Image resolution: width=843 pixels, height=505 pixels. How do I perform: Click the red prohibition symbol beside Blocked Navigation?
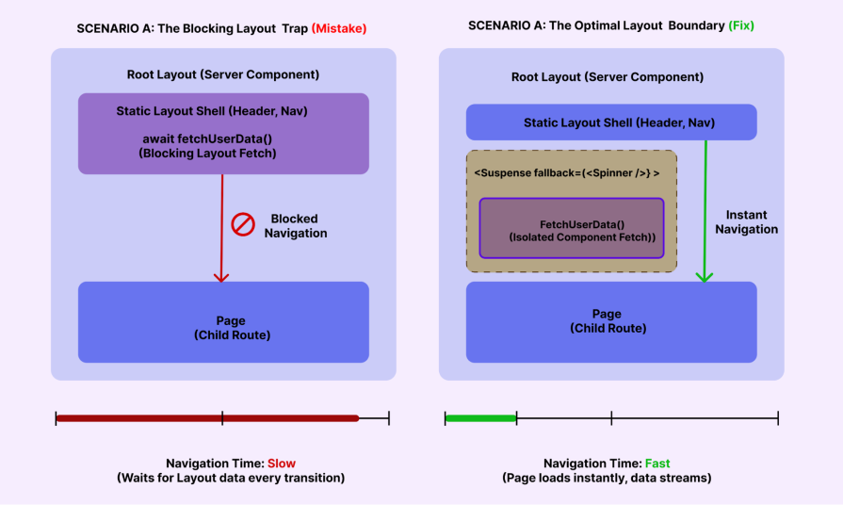pyautogui.click(x=243, y=225)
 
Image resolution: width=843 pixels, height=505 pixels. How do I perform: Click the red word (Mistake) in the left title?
pyautogui.click(x=338, y=28)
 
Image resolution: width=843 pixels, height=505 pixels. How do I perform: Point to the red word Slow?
pyautogui.click(x=282, y=463)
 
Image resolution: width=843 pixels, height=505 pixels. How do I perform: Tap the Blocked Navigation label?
pyautogui.click(x=295, y=225)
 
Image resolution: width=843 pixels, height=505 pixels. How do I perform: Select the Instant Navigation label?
pyautogui.click(x=746, y=221)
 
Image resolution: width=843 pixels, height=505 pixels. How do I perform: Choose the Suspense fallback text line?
pyautogui.click(x=566, y=173)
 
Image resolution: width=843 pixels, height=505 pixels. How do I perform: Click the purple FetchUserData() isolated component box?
pyautogui.click(x=572, y=228)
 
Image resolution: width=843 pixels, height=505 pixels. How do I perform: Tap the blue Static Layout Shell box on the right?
pyautogui.click(x=611, y=122)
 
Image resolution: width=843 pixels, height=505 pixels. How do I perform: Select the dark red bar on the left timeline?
pyautogui.click(x=207, y=417)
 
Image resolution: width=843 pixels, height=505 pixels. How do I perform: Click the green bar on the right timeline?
pyautogui.click(x=480, y=417)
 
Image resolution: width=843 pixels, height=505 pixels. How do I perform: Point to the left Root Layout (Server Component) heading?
pyautogui.click(x=223, y=74)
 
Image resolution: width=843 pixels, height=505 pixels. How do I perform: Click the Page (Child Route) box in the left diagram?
pyautogui.click(x=223, y=322)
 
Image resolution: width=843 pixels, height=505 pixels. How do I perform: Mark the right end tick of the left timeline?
pyautogui.click(x=388, y=417)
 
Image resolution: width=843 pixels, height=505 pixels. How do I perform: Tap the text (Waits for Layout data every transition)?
pyautogui.click(x=231, y=478)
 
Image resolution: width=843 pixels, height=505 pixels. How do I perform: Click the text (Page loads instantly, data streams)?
pyautogui.click(x=607, y=478)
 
